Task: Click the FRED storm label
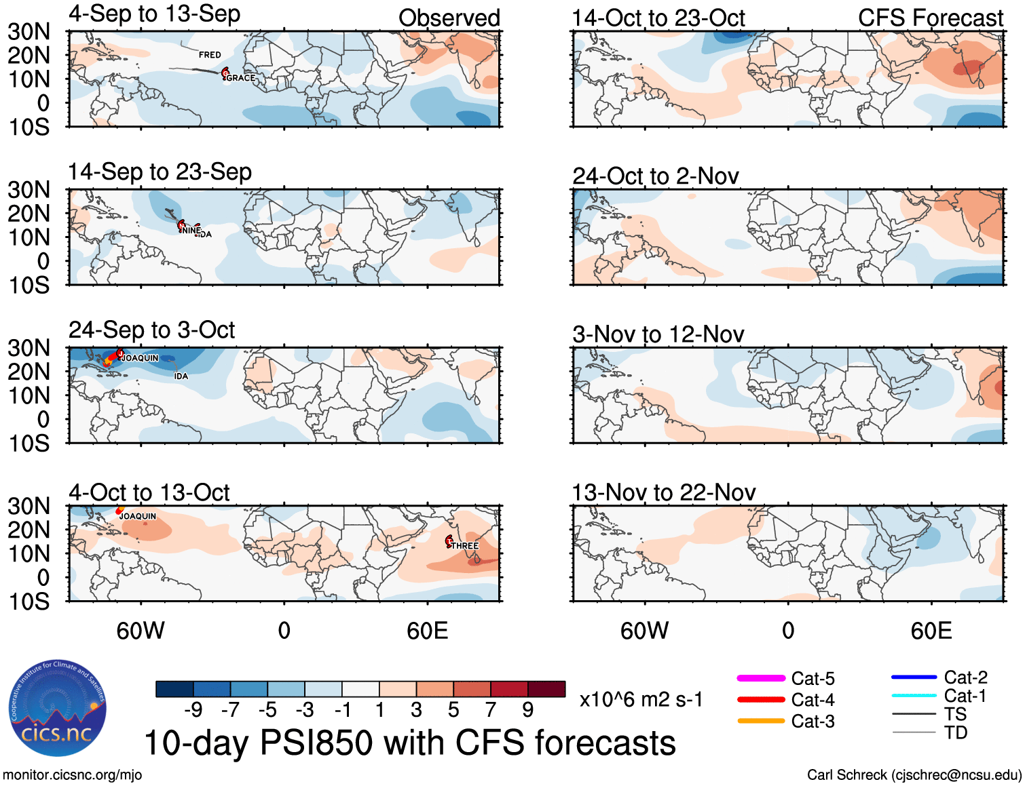pos(210,55)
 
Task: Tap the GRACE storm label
pos(240,78)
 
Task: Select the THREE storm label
pos(465,546)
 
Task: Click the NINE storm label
pos(191,231)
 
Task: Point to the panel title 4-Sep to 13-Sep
pos(154,14)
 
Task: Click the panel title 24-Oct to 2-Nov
pos(655,176)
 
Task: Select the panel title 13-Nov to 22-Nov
pos(663,492)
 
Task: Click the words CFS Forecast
pos(930,18)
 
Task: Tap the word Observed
pos(449,18)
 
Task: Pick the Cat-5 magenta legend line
pos(761,678)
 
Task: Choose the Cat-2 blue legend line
pos(914,677)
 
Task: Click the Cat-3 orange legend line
pos(761,721)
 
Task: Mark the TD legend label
pos(955,732)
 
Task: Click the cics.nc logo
pos(57,709)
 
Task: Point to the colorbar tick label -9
pos(193,710)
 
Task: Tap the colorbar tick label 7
pos(490,710)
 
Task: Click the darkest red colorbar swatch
pos(546,689)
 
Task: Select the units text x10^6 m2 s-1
pos(641,700)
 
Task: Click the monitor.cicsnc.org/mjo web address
pos(72,775)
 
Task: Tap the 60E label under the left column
pos(427,631)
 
